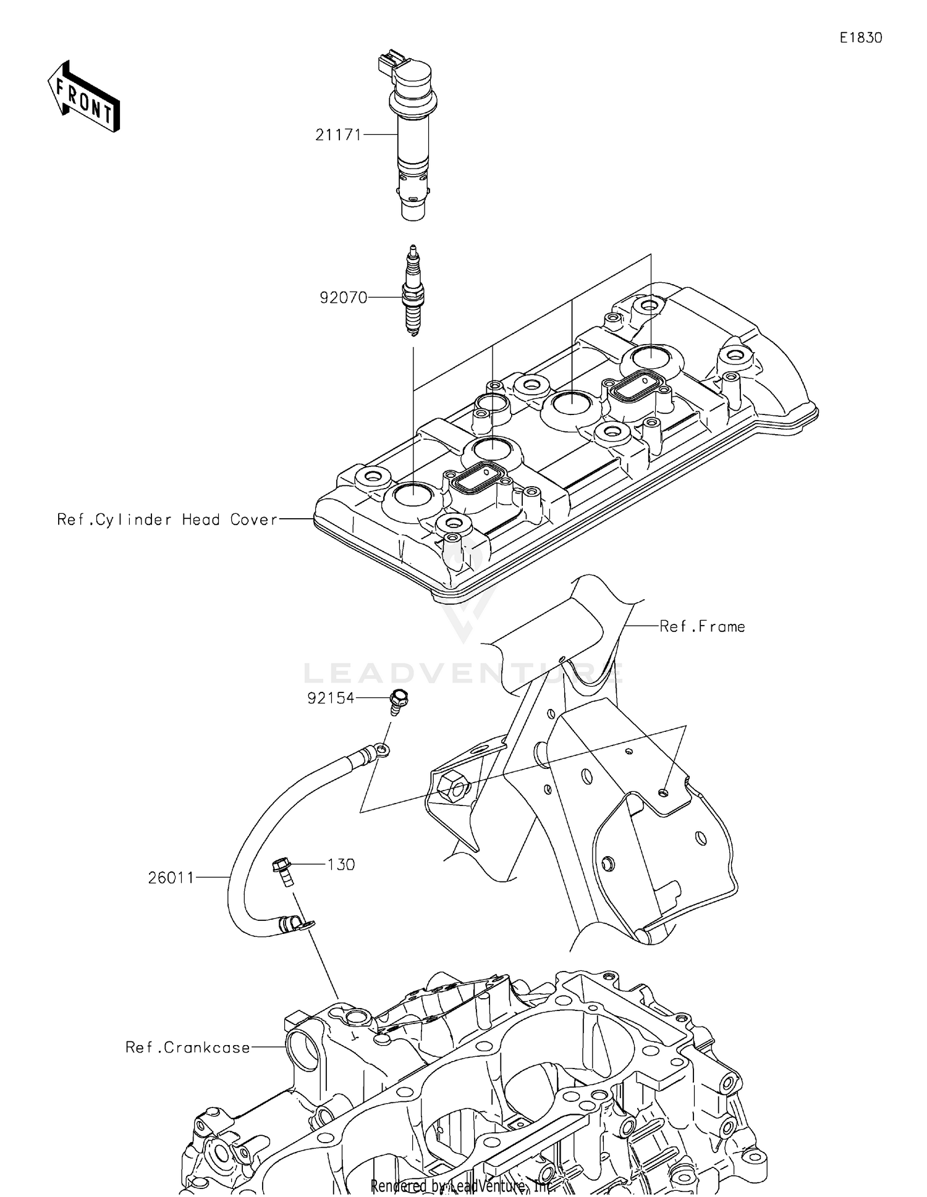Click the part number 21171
pos(337,134)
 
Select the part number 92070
pos(343,298)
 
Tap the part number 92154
pos(331,698)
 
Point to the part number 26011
pos(171,877)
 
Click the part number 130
pos(341,864)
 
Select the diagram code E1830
pos(860,38)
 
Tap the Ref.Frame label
pos(702,626)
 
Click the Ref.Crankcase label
pos(188,1048)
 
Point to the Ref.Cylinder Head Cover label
pos(167,519)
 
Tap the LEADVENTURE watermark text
pos(463,673)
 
